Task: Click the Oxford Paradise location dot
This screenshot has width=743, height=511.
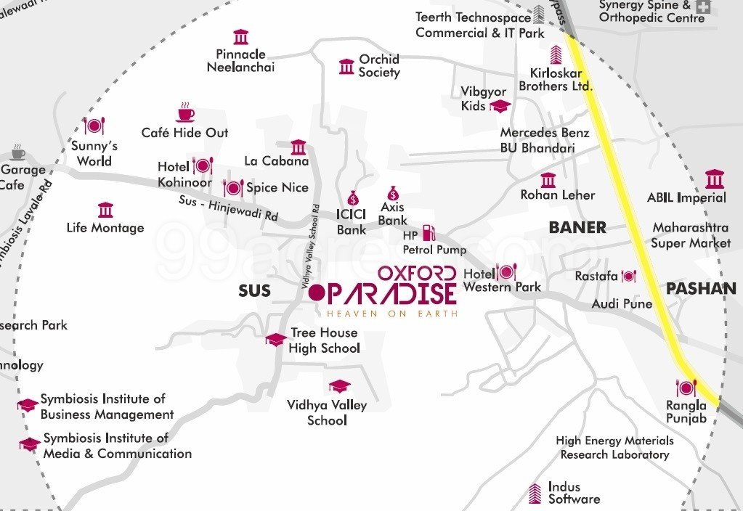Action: (317, 293)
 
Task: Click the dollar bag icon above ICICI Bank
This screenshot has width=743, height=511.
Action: (353, 197)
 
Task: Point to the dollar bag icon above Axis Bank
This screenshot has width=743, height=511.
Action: (393, 193)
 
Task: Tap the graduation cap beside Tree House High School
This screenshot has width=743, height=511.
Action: (276, 339)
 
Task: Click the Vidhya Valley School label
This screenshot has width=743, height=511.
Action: (327, 412)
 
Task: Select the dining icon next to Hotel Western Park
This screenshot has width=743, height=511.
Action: (506, 272)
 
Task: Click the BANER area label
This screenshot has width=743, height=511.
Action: (577, 227)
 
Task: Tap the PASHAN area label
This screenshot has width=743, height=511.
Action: (701, 288)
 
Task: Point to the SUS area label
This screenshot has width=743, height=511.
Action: (254, 291)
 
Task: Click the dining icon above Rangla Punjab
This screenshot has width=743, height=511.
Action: (686, 388)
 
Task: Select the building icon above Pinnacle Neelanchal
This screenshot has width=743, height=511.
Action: (240, 37)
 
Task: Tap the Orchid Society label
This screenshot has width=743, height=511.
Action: (379, 65)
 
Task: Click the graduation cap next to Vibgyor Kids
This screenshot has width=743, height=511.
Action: (500, 106)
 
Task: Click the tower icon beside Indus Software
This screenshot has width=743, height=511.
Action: (535, 493)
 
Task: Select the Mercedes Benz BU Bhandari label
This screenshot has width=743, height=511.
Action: (544, 140)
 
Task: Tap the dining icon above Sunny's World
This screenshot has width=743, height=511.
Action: (94, 126)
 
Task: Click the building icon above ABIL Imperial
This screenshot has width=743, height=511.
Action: (714, 179)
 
